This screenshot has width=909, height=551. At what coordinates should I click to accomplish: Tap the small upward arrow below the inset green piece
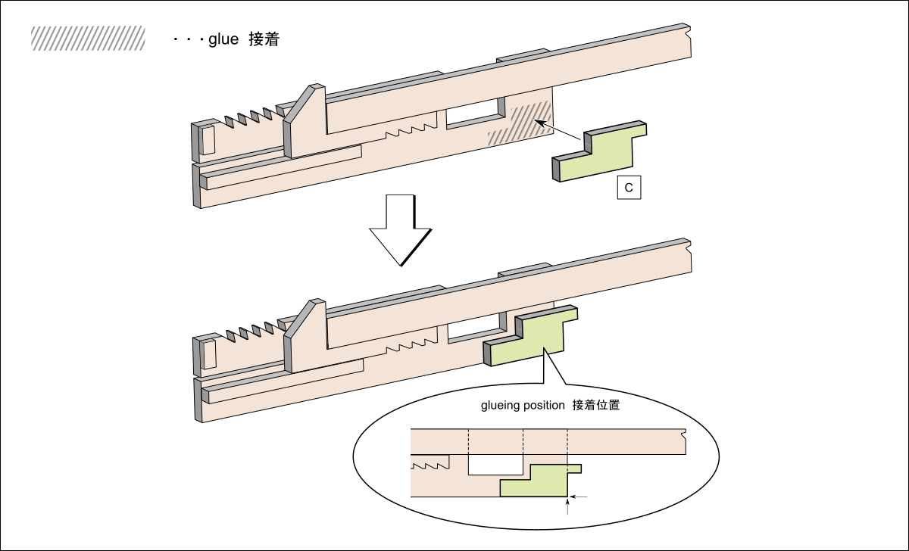click(567, 506)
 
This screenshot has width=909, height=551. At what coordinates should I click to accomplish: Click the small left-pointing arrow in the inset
click(579, 497)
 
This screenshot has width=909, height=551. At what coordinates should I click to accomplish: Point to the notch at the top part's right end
click(687, 33)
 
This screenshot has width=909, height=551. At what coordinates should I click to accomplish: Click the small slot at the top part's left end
click(208, 139)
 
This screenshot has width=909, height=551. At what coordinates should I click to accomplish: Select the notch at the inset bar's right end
click(684, 435)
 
